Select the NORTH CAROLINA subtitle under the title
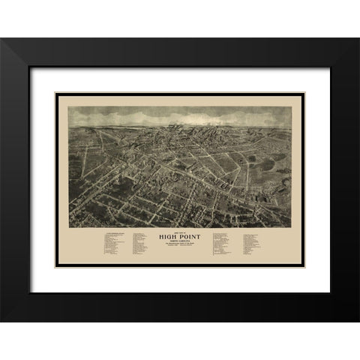(181, 244)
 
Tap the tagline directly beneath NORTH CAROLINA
(181, 247)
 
